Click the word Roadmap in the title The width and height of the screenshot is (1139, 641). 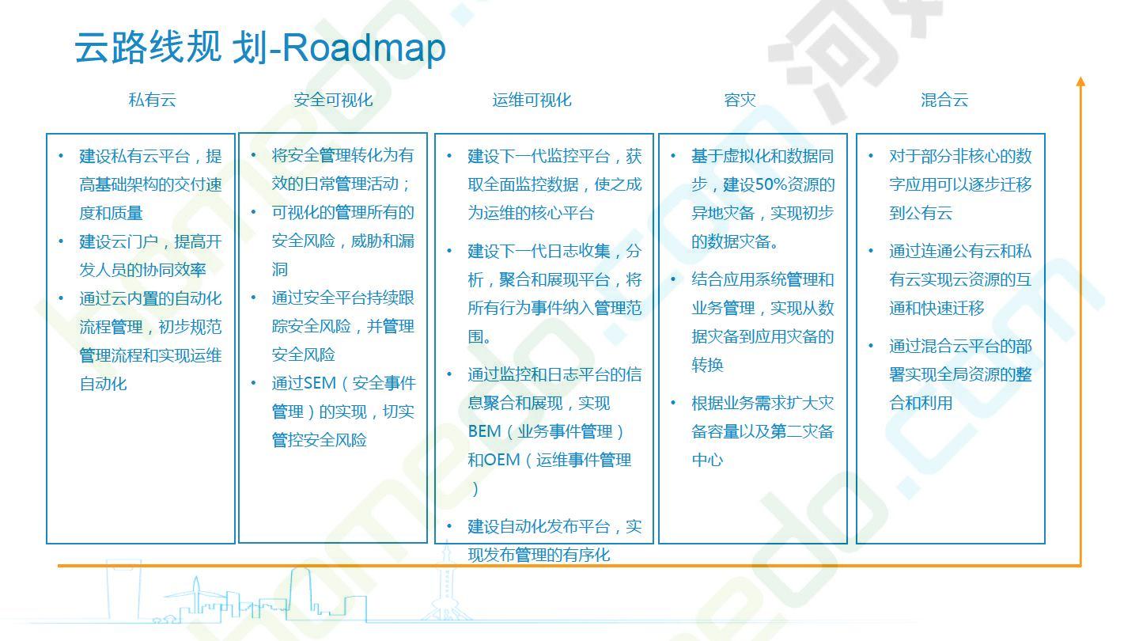(x=364, y=48)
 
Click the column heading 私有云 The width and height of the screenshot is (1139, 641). (x=153, y=100)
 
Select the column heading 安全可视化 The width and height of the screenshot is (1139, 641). (x=333, y=100)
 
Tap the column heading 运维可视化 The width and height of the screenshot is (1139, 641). (x=532, y=100)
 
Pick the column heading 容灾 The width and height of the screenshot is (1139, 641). (x=740, y=100)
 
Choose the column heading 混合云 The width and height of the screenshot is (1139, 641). (x=944, y=100)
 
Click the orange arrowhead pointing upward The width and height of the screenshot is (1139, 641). (x=1081, y=82)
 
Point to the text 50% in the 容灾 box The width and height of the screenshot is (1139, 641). (x=771, y=184)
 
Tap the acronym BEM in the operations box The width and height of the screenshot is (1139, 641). (x=485, y=431)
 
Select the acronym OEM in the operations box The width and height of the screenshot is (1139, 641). (x=501, y=460)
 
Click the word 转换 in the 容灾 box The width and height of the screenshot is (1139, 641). (x=707, y=365)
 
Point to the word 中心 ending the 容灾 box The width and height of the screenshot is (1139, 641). (x=707, y=460)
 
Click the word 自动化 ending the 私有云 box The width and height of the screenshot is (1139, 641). (x=103, y=384)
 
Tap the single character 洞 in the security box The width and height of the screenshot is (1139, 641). (x=280, y=269)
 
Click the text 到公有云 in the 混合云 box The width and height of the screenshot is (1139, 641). (x=921, y=213)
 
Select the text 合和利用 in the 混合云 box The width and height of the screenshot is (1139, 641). (x=921, y=403)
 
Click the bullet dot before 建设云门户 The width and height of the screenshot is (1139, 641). (x=61, y=241)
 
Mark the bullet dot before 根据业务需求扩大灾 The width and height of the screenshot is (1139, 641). (x=673, y=403)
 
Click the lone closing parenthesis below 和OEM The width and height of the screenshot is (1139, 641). (x=475, y=489)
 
